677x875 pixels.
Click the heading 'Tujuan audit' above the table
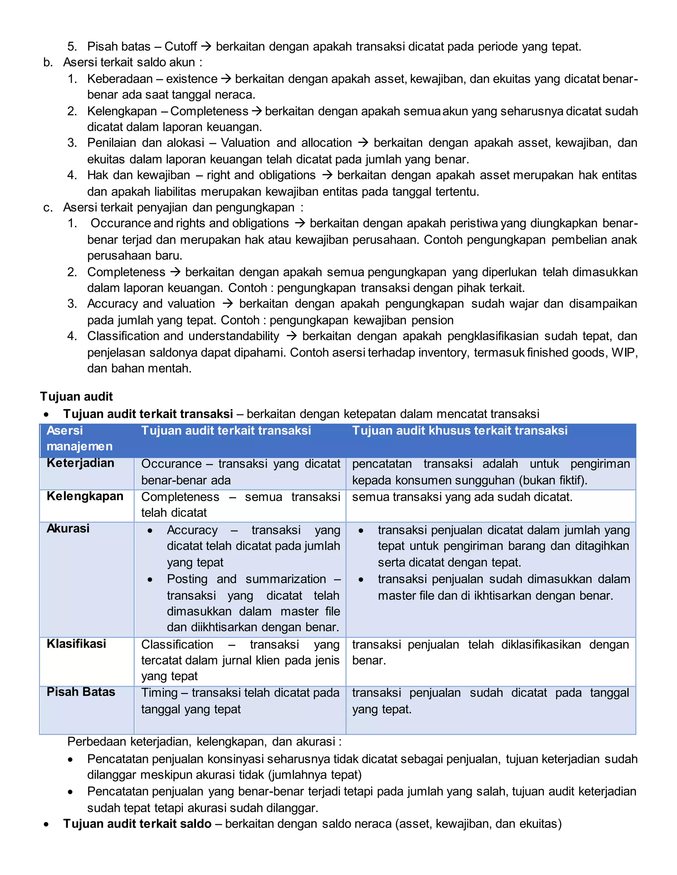click(76, 397)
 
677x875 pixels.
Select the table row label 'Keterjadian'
click(80, 463)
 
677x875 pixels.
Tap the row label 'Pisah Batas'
click(81, 692)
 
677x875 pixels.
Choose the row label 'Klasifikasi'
click(76, 644)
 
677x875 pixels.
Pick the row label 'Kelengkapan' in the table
click(85, 496)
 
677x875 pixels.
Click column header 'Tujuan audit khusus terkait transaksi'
click(459, 431)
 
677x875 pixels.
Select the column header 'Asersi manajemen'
click(79, 438)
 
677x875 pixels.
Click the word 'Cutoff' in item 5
click(180, 47)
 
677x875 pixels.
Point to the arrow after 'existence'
click(226, 79)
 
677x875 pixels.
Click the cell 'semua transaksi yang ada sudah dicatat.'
click(462, 497)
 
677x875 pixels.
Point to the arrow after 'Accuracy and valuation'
click(227, 304)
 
